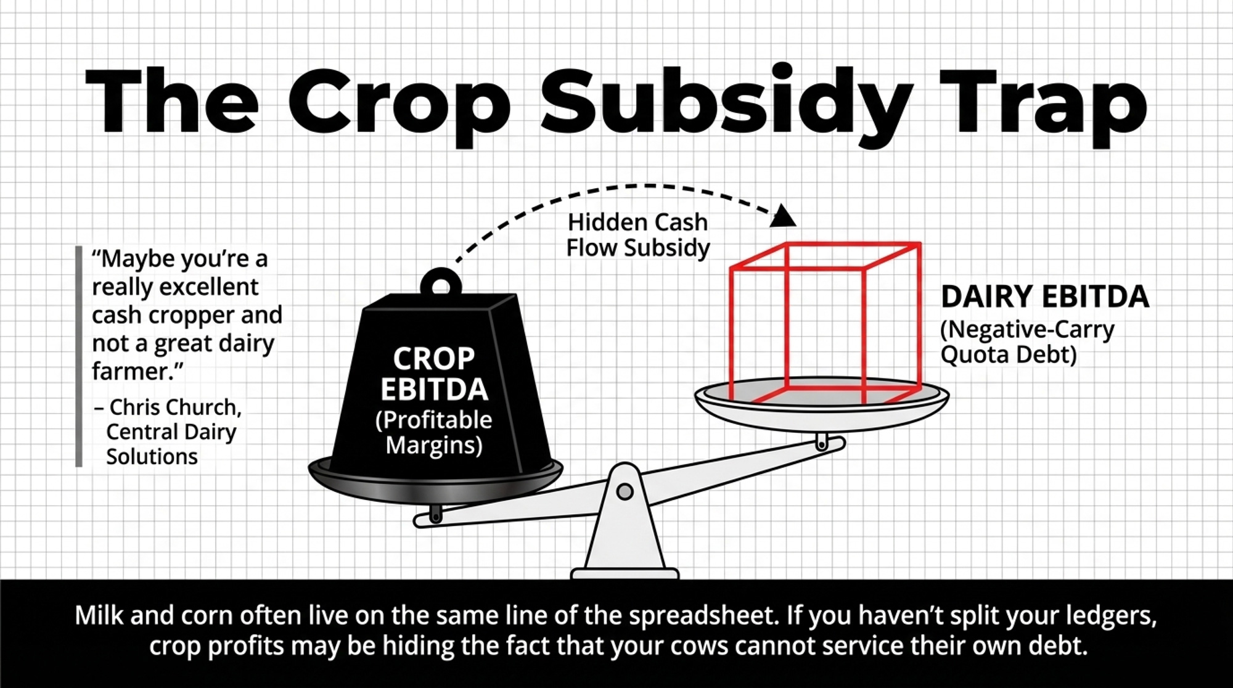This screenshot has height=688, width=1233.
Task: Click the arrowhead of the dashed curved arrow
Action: coord(784,216)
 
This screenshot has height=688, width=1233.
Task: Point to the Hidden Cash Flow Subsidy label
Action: coord(638,235)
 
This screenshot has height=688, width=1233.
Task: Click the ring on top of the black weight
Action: coord(441,284)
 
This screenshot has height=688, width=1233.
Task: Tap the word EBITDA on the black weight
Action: coord(434,390)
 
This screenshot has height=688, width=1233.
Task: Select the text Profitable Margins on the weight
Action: coord(434,432)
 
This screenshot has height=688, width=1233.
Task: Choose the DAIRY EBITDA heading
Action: coord(1045,297)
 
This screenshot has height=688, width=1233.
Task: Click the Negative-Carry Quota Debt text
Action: coord(1027,342)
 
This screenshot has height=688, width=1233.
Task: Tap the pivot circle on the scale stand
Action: coord(625,491)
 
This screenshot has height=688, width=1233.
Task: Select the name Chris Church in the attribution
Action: coord(175,407)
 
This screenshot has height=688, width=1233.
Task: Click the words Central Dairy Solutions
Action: coord(171,444)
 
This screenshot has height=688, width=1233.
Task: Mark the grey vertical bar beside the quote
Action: coord(78,356)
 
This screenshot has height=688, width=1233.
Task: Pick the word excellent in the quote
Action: coord(208,287)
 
